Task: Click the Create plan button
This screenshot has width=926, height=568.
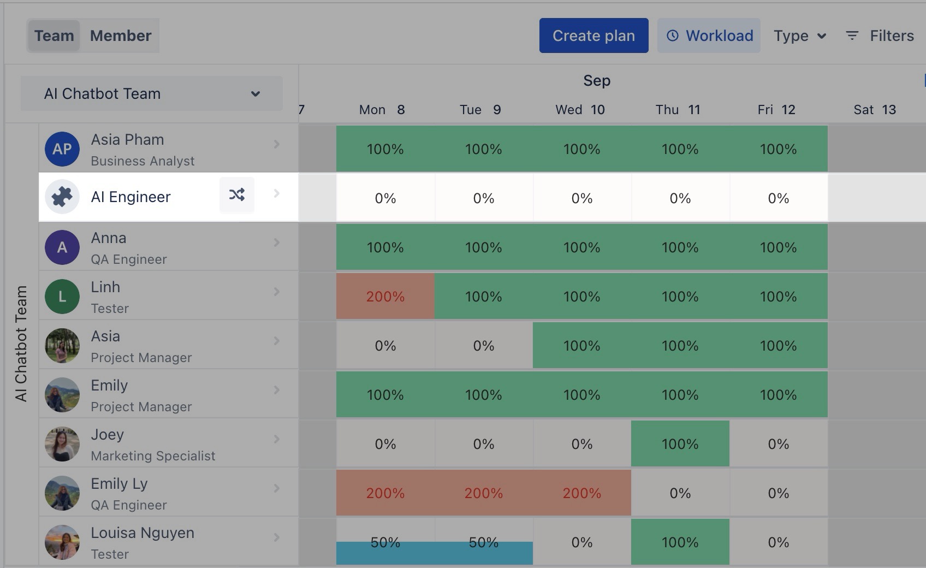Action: (x=593, y=35)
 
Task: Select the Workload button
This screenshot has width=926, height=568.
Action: (x=709, y=35)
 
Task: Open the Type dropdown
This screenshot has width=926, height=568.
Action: (x=799, y=35)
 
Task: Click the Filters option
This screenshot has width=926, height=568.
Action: (x=880, y=35)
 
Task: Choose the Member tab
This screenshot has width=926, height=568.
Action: (x=121, y=35)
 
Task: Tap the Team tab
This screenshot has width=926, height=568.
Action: (x=54, y=35)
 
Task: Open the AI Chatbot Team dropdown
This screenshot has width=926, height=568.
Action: (x=152, y=93)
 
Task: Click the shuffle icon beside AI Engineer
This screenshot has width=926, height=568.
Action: (x=237, y=195)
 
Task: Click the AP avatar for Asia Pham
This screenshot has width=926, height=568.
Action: (x=62, y=149)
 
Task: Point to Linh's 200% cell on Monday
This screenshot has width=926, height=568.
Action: (x=385, y=297)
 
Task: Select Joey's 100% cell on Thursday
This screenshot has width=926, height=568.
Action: (x=680, y=443)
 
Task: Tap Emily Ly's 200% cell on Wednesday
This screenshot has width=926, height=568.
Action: (x=582, y=493)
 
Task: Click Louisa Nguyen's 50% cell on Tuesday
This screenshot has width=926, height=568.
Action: (x=484, y=542)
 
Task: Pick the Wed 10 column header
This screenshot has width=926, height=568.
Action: (x=580, y=110)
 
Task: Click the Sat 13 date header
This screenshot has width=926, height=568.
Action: (x=875, y=110)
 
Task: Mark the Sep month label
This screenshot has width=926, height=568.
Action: (x=597, y=81)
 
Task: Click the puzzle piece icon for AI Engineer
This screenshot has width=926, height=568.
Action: (x=62, y=197)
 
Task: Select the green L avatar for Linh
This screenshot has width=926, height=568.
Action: (x=62, y=296)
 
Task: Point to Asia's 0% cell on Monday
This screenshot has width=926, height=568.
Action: (x=385, y=346)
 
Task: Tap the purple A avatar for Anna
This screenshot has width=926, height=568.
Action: (x=62, y=247)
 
